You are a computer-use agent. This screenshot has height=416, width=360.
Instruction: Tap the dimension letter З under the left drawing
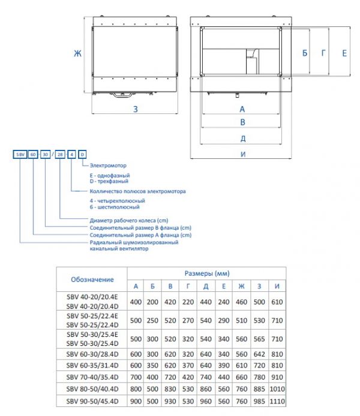(136, 109)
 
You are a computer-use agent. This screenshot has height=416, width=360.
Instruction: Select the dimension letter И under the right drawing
(242, 155)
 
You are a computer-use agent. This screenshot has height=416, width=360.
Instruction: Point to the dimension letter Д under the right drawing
(242, 138)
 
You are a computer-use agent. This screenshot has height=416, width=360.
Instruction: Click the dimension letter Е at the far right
(344, 53)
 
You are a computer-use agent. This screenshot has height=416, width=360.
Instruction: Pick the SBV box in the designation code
(20, 155)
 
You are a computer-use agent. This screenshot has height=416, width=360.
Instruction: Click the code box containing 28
(60, 155)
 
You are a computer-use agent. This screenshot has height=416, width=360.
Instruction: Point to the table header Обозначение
(92, 280)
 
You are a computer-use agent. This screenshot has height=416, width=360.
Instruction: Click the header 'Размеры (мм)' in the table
(206, 273)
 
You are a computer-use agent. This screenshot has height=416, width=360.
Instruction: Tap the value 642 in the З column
(259, 353)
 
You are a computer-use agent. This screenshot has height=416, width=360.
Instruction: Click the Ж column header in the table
(241, 286)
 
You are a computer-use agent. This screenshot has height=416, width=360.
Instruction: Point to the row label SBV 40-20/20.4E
(91, 297)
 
